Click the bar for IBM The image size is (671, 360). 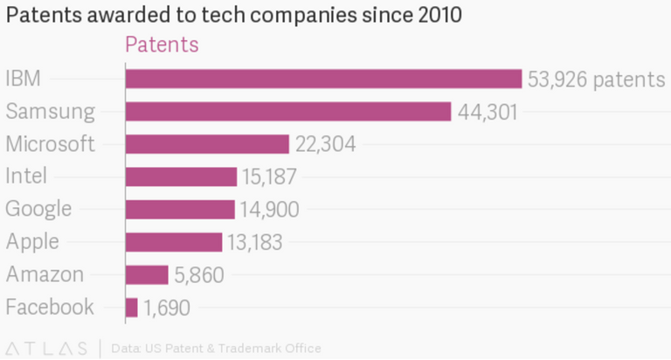pyautogui.click(x=323, y=80)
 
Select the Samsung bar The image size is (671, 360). pyautogui.click(x=288, y=112)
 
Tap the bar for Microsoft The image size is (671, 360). pyautogui.click(x=207, y=144)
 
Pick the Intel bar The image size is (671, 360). pyautogui.click(x=181, y=177)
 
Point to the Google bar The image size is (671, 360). pyautogui.click(x=180, y=209)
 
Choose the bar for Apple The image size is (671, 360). pyautogui.click(x=174, y=242)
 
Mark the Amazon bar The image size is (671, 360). pyautogui.click(x=147, y=274)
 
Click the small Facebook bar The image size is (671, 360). pyautogui.click(x=132, y=307)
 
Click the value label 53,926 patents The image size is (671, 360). pyautogui.click(x=596, y=80)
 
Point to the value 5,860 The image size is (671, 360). pyautogui.click(x=199, y=275)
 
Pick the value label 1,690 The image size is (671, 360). pyautogui.click(x=167, y=308)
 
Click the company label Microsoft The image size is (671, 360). pyautogui.click(x=50, y=144)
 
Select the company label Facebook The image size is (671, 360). pyautogui.click(x=50, y=307)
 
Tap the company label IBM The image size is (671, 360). pyautogui.click(x=23, y=80)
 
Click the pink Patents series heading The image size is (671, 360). pyautogui.click(x=163, y=45)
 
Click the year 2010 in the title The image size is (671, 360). pyautogui.click(x=439, y=15)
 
